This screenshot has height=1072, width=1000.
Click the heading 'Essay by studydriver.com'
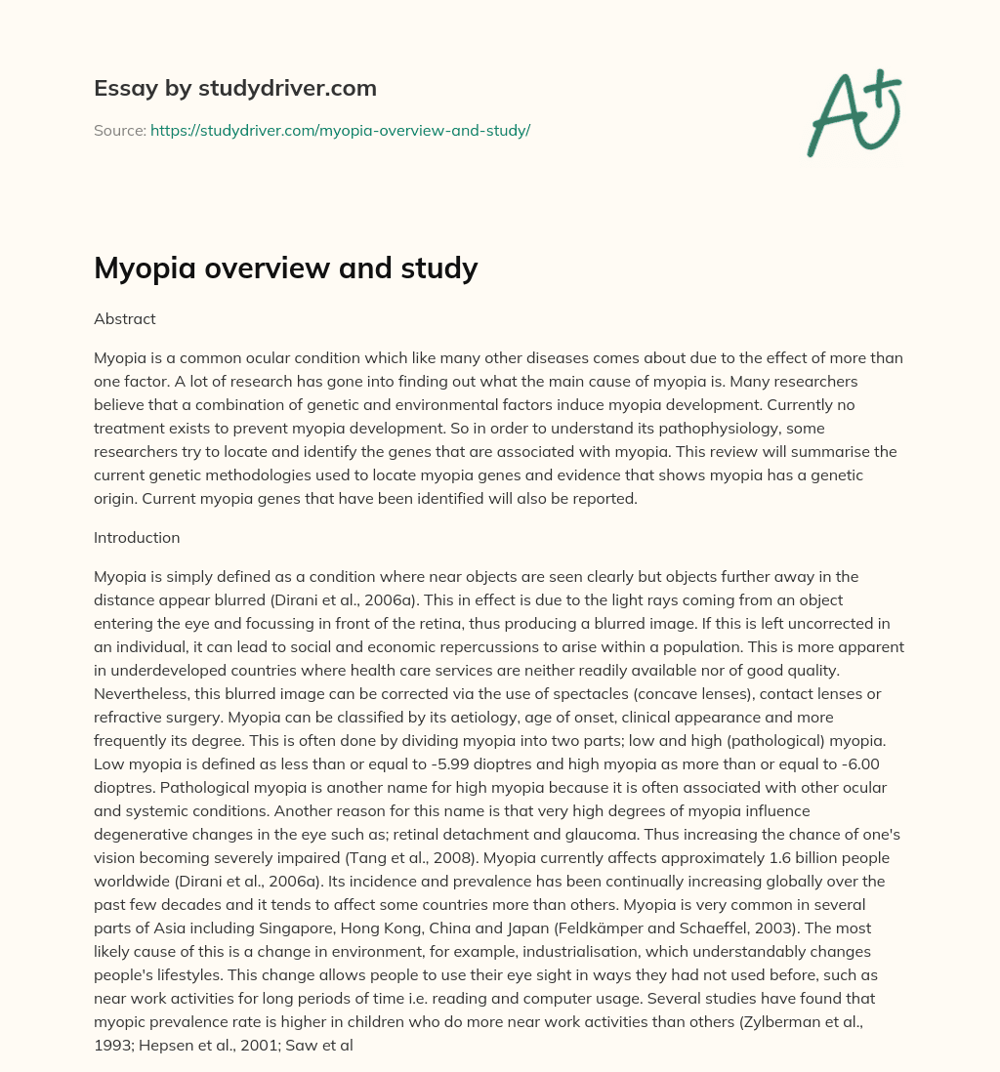234,88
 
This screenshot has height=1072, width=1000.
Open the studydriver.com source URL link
340,130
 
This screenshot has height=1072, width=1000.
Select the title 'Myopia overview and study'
285,267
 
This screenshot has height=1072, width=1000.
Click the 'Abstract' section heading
124,318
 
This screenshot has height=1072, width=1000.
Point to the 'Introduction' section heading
137,537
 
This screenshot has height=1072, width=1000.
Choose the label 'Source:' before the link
120,130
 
